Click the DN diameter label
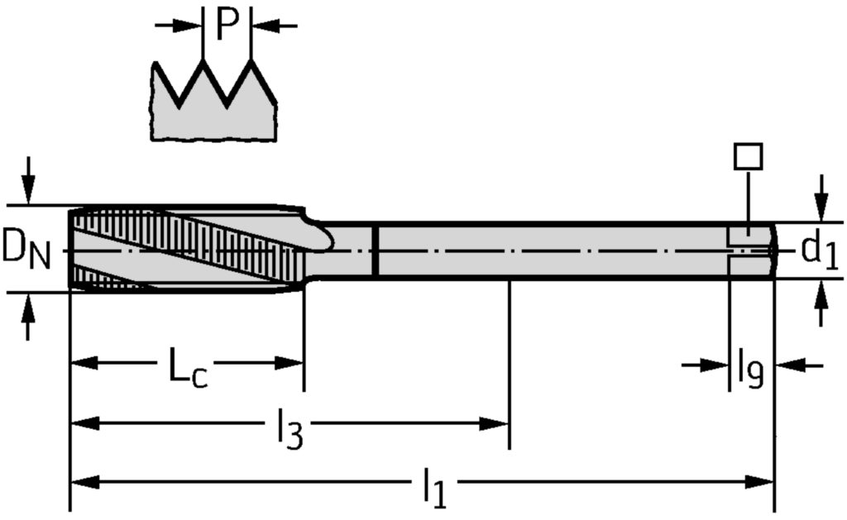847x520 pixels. pyautogui.click(x=26, y=248)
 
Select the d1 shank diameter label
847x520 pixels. pyautogui.click(x=820, y=250)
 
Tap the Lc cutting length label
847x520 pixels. pyautogui.click(x=188, y=368)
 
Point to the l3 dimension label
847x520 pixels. pyautogui.click(x=289, y=431)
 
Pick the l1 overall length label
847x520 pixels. pyautogui.click(x=433, y=488)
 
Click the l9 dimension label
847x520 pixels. pyautogui.click(x=749, y=369)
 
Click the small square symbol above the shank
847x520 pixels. pyautogui.click(x=748, y=156)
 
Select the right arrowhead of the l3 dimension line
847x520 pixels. pyautogui.click(x=497, y=424)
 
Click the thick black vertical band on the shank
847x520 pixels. pyautogui.click(x=376, y=250)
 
